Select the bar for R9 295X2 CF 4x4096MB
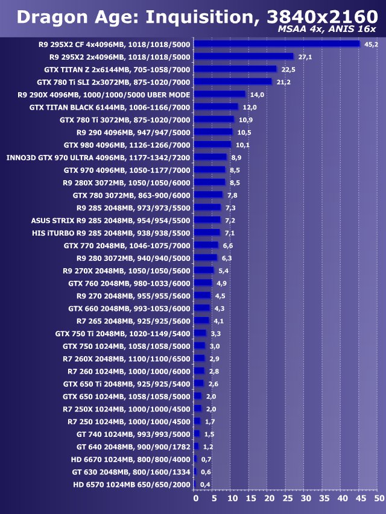[277, 44]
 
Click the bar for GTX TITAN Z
[235, 69]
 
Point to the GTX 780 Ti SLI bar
[233, 81]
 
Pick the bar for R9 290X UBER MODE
[220, 94]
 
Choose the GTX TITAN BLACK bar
[216, 107]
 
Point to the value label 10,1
[242, 145]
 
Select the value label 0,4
[205, 484]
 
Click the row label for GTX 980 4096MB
[127, 145]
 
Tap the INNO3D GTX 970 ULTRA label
[98, 157]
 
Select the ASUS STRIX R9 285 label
[110, 221]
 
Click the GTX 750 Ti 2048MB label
[122, 333]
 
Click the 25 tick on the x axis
[287, 499]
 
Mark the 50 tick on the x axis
[378, 499]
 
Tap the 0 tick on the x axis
[195, 499]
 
